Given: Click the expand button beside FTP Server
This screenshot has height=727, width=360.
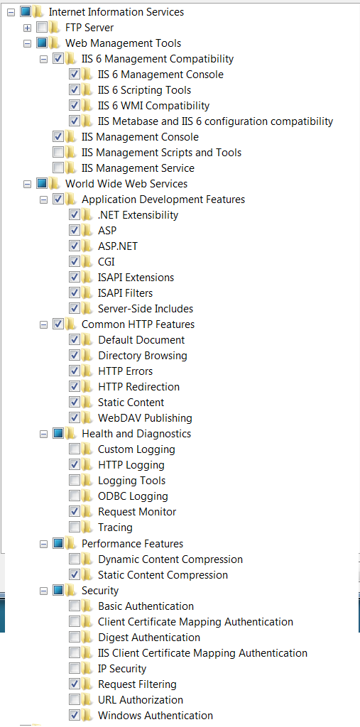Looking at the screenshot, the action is coord(28,28).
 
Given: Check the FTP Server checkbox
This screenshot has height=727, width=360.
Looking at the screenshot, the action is coord(42,28).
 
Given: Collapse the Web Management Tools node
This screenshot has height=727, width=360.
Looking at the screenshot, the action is coord(28,43).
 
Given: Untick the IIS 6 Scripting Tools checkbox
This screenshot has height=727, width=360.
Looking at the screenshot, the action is coord(75,90).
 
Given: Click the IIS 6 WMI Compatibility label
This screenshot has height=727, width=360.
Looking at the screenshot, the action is coord(153,106).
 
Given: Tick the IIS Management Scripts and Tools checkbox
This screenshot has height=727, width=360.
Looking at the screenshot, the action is coord(58,152).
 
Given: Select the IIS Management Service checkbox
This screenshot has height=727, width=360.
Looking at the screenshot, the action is coord(58,168).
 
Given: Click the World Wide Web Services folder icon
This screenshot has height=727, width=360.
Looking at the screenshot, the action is coord(54,184).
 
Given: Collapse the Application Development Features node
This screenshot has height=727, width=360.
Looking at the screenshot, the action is coord(43,199).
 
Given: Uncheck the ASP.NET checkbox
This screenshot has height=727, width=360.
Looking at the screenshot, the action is coord(75,246).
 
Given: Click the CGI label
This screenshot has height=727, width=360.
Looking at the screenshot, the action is coord(107,262).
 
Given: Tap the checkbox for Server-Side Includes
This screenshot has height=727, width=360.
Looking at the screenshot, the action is coord(75,308).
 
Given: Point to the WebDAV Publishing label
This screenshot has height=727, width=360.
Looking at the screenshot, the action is coord(145,417).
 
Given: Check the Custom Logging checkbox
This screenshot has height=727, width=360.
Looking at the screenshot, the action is coord(75,449).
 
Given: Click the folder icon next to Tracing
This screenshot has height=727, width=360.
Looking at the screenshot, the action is coord(87,528).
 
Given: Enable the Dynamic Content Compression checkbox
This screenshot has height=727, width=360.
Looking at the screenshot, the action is coord(75,559).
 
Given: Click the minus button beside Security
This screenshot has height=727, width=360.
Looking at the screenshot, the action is coord(43,591).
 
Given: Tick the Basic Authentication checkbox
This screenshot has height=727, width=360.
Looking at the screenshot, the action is coord(75,606).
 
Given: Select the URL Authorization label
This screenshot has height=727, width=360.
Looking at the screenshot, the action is coord(141,699).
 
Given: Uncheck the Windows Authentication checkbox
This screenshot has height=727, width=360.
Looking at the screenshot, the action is coord(75,715).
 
